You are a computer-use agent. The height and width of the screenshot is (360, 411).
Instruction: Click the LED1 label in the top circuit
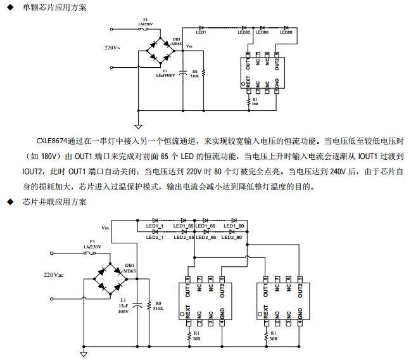coord(201,32)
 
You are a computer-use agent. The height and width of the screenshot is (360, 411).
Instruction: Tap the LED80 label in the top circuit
coord(286,32)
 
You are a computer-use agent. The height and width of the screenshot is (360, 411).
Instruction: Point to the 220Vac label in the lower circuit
coord(54,275)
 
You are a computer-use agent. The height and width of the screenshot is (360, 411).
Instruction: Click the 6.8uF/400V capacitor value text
coord(165,75)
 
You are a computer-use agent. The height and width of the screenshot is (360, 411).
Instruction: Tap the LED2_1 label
coord(155,237)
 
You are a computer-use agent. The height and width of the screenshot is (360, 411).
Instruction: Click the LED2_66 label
coord(206,237)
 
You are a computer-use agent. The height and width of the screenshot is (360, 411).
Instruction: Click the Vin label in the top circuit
coord(189,46)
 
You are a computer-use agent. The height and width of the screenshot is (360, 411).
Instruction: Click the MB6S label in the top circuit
coord(176,44)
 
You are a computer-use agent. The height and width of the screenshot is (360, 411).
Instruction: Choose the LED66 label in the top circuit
coord(262,32)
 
